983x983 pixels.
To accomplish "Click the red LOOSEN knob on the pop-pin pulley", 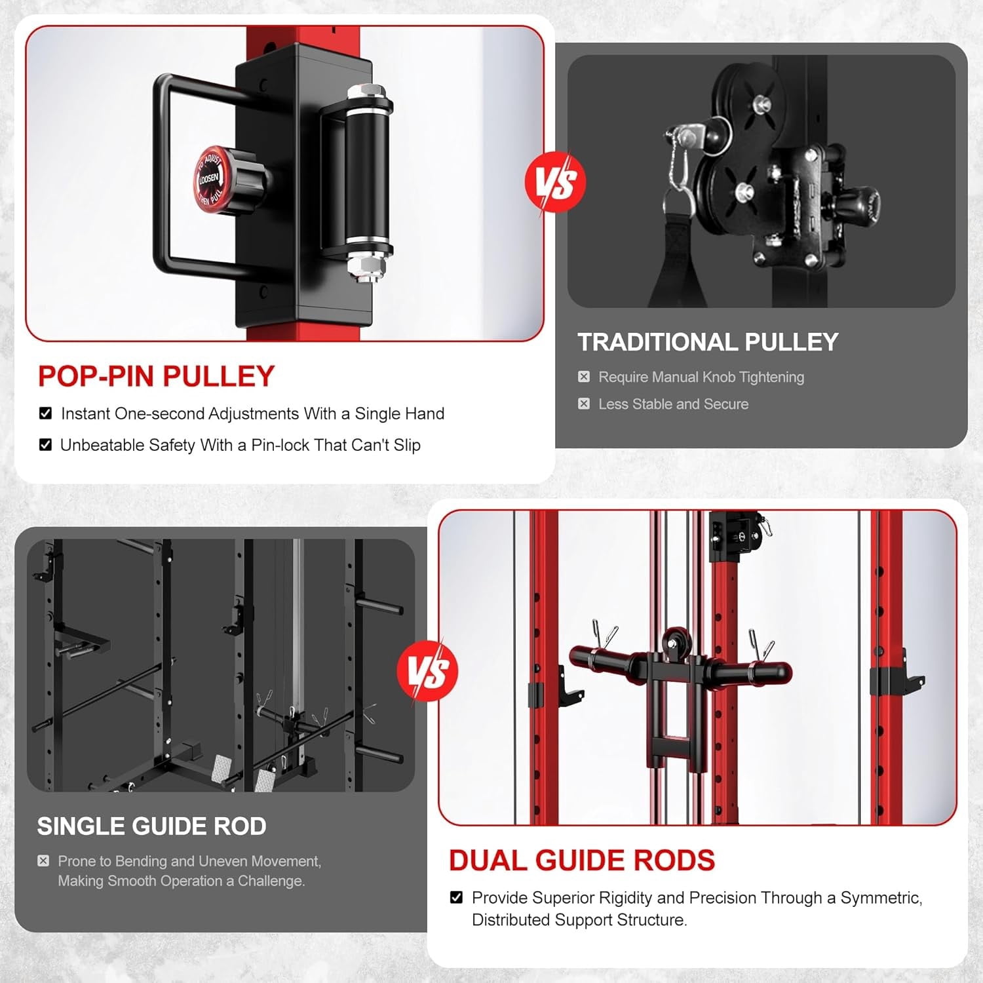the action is pyautogui.click(x=211, y=178).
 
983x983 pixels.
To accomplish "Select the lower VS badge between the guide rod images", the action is pyautogui.click(x=427, y=670).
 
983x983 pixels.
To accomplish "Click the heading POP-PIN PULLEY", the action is pyautogui.click(x=156, y=376).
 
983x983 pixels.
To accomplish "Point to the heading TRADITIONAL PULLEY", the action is pyautogui.click(x=708, y=342).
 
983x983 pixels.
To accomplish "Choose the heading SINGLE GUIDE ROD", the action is pyautogui.click(x=151, y=826).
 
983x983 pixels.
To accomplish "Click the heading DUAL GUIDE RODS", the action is pyautogui.click(x=582, y=860).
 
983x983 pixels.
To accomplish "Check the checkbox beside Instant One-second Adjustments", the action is pyautogui.click(x=45, y=414).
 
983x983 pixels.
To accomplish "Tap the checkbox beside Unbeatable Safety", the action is pyautogui.click(x=45, y=445).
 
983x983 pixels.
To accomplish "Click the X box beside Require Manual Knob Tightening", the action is pyautogui.click(x=584, y=377).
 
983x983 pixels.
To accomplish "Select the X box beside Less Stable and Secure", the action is pyautogui.click(x=584, y=404).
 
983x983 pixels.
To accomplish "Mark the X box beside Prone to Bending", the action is pyautogui.click(x=43, y=860).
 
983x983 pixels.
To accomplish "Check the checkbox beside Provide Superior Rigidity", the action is pyautogui.click(x=457, y=897).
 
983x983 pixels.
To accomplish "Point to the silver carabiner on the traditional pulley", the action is pyautogui.click(x=676, y=164).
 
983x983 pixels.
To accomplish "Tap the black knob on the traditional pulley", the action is pyautogui.click(x=859, y=203).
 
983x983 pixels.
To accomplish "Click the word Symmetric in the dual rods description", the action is pyautogui.click(x=881, y=898).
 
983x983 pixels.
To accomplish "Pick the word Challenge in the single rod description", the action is pyautogui.click(x=271, y=881).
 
